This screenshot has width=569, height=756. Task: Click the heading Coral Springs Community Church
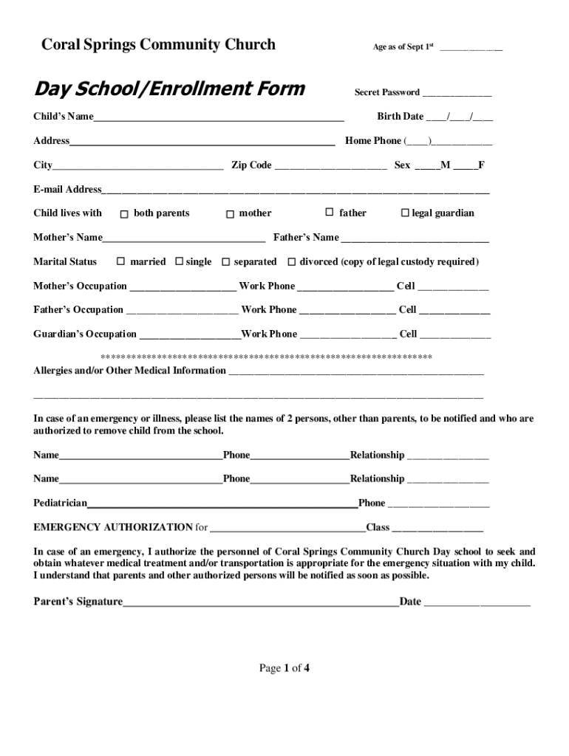(x=158, y=45)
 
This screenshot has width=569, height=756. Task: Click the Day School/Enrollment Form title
(x=169, y=89)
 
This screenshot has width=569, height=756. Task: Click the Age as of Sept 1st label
(x=403, y=47)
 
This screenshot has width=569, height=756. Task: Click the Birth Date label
(x=400, y=117)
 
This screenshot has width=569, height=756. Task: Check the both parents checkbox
(x=124, y=214)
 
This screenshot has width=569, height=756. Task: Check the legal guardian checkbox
(x=404, y=213)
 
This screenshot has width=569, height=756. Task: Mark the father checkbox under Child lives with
(x=330, y=213)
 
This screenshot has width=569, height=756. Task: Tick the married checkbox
(x=120, y=262)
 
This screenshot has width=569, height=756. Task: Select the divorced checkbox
(x=292, y=262)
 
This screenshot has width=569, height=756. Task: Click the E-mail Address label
(x=67, y=190)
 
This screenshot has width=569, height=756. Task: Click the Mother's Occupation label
(x=80, y=286)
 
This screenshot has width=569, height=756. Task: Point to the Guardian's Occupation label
(x=84, y=334)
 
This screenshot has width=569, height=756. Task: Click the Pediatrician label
(x=60, y=504)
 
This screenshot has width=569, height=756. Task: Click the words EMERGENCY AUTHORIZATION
(x=113, y=528)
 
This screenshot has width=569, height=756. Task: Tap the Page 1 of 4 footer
(x=284, y=669)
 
